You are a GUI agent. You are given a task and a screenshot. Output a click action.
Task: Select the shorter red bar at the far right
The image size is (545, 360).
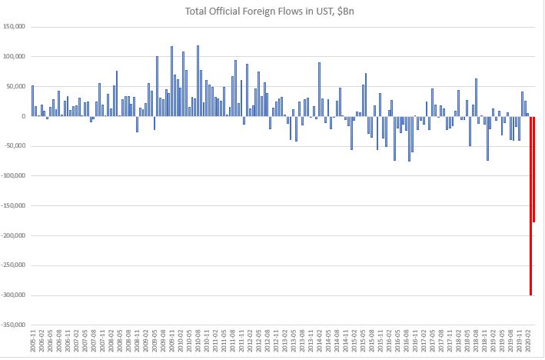pos(533,169)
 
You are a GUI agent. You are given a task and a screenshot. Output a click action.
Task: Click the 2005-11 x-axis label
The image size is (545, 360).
pos(32,339)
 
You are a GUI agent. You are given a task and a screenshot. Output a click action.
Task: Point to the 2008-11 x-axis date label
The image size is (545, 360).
pos(137,339)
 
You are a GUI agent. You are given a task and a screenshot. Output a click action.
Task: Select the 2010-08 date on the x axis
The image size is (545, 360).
pos(198,339)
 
